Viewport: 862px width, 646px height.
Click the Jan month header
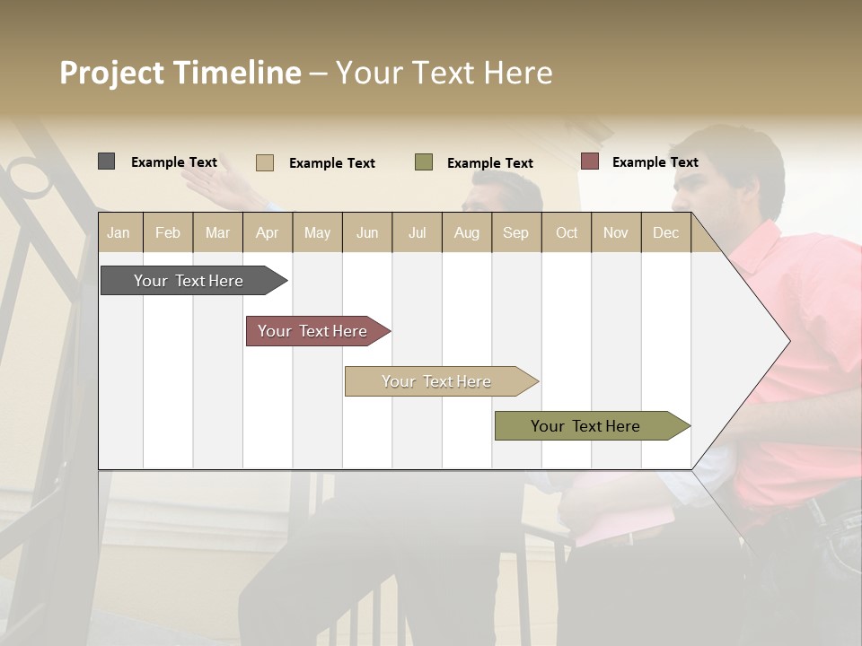coord(119,232)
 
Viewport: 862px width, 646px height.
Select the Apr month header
coord(267,232)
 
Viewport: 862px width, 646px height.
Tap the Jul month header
coord(417,232)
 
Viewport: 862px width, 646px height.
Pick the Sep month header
coord(515,232)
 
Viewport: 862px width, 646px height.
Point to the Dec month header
coord(665,232)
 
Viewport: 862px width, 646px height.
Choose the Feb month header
coord(168,232)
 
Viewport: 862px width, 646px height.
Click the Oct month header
coord(567,232)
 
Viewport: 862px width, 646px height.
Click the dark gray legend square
coord(106,161)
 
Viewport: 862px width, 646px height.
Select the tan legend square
coord(264,162)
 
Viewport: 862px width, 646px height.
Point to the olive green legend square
coord(424,161)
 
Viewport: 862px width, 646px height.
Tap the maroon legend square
coord(589,161)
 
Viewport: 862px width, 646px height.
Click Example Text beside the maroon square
coord(655,162)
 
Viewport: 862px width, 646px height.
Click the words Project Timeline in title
coord(180,73)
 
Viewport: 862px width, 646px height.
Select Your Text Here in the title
coord(444,73)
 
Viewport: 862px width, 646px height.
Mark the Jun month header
coord(367,232)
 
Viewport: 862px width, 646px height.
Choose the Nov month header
coord(615,232)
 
